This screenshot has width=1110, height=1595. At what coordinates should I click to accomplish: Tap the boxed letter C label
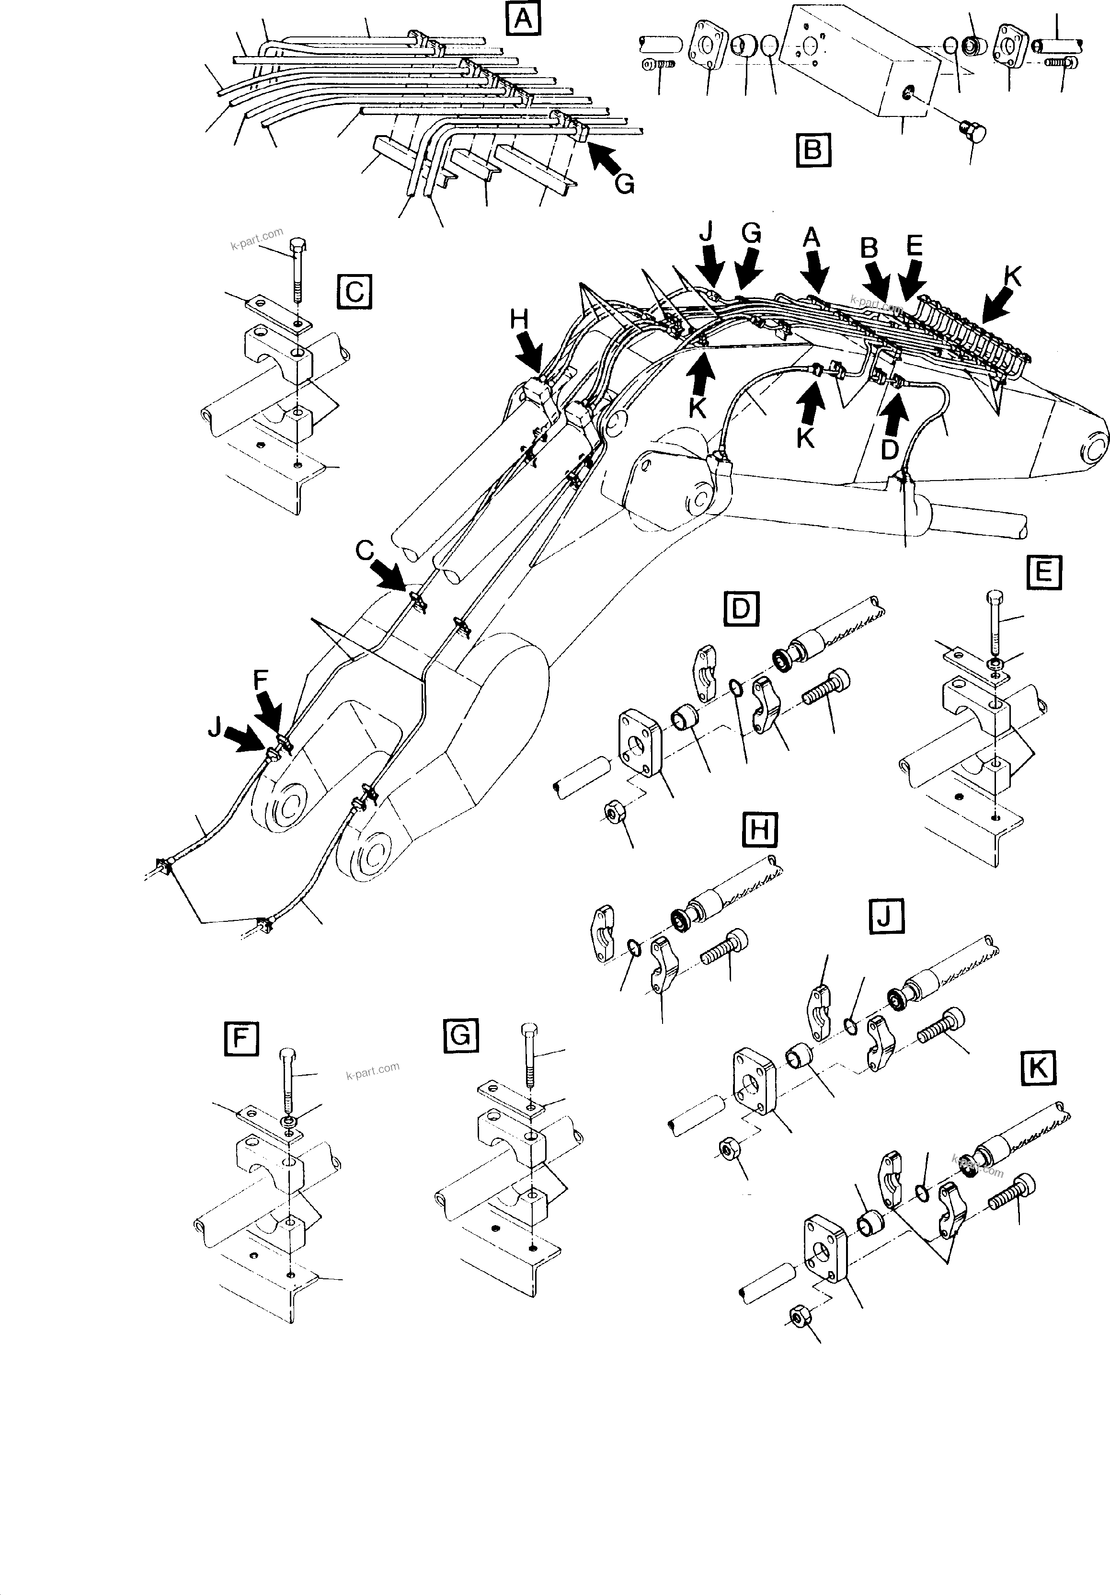point(354,292)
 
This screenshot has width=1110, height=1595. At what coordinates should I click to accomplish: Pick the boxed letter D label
point(741,608)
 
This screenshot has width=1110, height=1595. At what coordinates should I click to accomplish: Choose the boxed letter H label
point(759,830)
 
